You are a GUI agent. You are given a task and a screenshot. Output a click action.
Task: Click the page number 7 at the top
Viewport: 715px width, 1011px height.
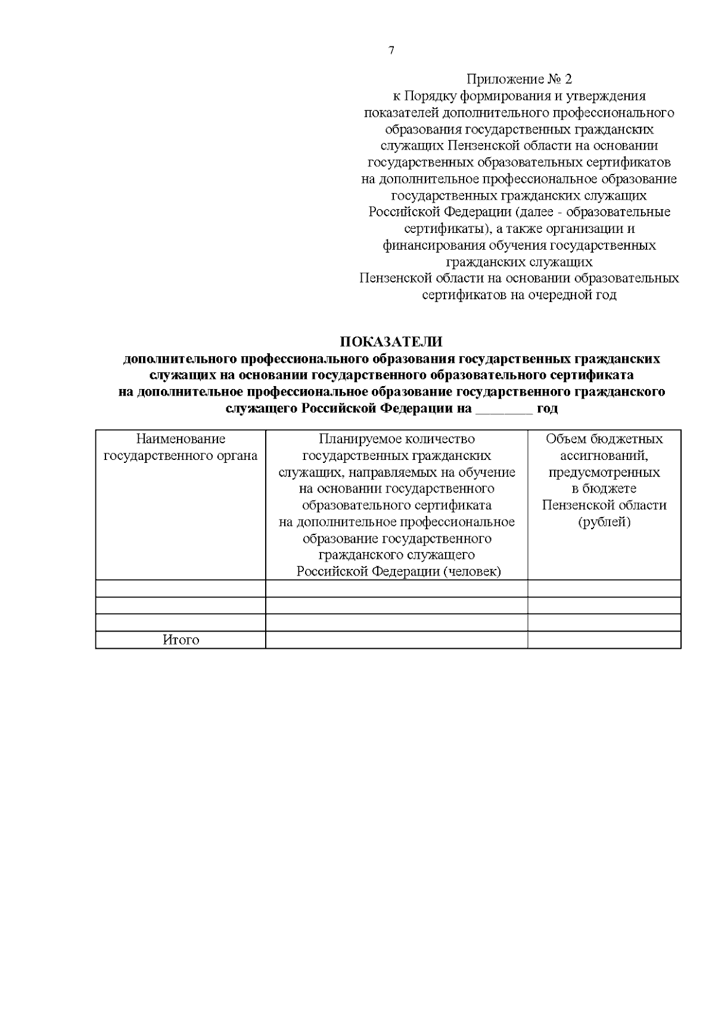pyautogui.click(x=391, y=51)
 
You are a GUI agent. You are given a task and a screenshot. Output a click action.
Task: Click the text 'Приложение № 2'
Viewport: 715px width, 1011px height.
pyautogui.click(x=518, y=79)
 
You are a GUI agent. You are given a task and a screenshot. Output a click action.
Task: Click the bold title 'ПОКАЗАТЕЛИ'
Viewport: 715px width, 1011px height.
pyautogui.click(x=391, y=342)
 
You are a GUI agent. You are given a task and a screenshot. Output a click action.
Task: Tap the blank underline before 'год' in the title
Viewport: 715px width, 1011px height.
pyautogui.click(x=504, y=410)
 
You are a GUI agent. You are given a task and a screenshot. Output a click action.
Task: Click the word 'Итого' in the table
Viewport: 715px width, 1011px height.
pyautogui.click(x=181, y=640)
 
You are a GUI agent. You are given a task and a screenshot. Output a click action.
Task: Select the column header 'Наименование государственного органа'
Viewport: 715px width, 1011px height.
pyautogui.click(x=181, y=447)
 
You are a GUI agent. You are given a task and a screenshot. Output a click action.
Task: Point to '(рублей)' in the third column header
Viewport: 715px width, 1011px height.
pyautogui.click(x=604, y=522)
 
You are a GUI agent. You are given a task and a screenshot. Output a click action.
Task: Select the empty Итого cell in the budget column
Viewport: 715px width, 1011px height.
pyautogui.click(x=604, y=640)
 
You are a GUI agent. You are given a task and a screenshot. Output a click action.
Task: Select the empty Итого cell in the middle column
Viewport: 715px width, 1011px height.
pyautogui.click(x=396, y=640)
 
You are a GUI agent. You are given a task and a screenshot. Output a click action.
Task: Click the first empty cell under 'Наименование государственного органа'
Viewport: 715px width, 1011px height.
pyautogui.click(x=181, y=589)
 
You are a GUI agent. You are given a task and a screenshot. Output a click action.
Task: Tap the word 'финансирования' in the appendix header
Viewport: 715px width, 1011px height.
pyautogui.click(x=434, y=245)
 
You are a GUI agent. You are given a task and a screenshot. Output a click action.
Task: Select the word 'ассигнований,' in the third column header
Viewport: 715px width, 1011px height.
pyautogui.click(x=604, y=456)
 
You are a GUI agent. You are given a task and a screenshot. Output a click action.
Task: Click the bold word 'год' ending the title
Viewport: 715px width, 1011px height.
pyautogui.click(x=548, y=409)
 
